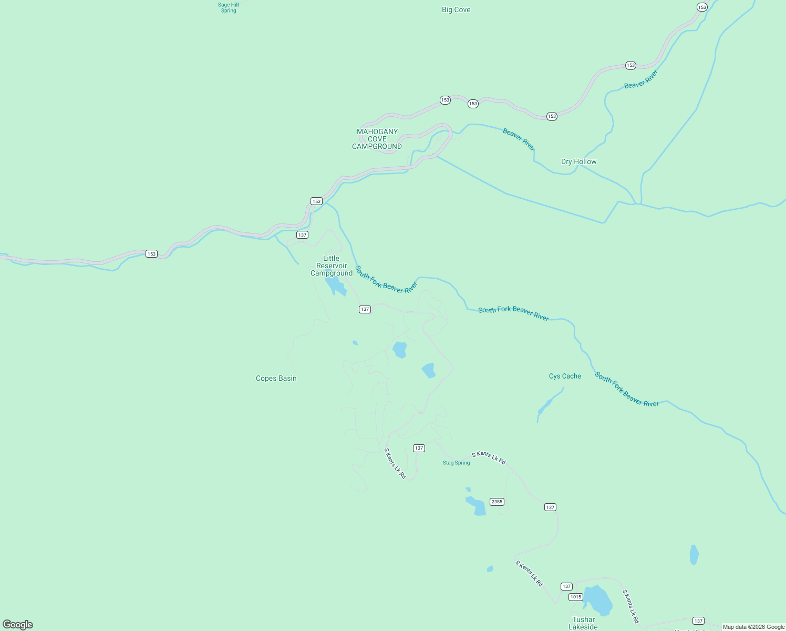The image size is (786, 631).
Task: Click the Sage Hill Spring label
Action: (229, 7)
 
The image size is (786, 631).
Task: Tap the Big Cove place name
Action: (456, 9)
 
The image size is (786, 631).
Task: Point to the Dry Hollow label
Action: (578, 161)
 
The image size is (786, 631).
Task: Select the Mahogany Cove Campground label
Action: (377, 139)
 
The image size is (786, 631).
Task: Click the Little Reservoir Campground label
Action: (332, 266)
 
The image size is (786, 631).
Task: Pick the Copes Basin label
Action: (276, 378)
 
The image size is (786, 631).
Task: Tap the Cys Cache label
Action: (565, 376)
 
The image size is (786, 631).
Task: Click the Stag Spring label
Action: (456, 463)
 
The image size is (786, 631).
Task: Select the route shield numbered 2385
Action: (497, 502)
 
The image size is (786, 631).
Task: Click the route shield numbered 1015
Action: (576, 597)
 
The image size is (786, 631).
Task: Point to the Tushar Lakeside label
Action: (583, 623)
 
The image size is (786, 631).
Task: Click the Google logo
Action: (18, 625)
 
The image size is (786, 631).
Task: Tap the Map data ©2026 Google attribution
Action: (753, 627)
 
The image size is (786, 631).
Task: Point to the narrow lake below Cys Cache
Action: (546, 405)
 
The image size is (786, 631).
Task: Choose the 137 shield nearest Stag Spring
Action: (419, 448)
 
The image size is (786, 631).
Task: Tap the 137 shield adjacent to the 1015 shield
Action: (566, 586)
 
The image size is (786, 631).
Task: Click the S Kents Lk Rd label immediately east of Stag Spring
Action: (489, 457)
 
